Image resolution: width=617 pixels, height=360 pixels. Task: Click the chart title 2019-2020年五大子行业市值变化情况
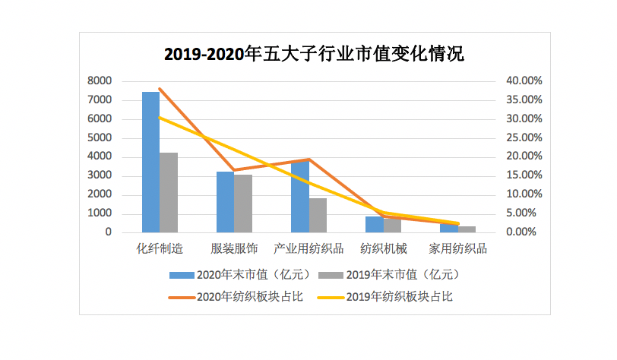(314, 55)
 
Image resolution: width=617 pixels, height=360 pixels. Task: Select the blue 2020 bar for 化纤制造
(150, 162)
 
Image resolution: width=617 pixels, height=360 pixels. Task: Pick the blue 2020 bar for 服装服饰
(225, 202)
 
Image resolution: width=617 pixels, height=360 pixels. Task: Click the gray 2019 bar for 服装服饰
(243, 204)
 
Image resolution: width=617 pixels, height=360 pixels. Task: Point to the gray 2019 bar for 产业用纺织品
(318, 215)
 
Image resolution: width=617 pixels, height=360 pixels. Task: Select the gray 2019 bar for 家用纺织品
(467, 229)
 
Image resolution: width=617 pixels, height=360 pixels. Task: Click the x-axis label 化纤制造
(160, 248)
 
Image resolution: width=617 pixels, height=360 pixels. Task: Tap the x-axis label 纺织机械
(384, 248)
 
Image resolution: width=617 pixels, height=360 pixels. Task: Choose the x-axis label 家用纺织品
(457, 248)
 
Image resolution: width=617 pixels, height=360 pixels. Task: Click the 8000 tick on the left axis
(100, 81)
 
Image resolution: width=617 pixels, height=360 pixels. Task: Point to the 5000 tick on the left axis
(100, 138)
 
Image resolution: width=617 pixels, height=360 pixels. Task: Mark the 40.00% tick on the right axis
(524, 81)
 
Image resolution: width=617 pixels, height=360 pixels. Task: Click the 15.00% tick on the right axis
(524, 175)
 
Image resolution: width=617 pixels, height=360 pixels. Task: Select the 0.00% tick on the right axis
(526, 232)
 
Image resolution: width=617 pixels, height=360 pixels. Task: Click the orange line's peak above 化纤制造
(160, 89)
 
